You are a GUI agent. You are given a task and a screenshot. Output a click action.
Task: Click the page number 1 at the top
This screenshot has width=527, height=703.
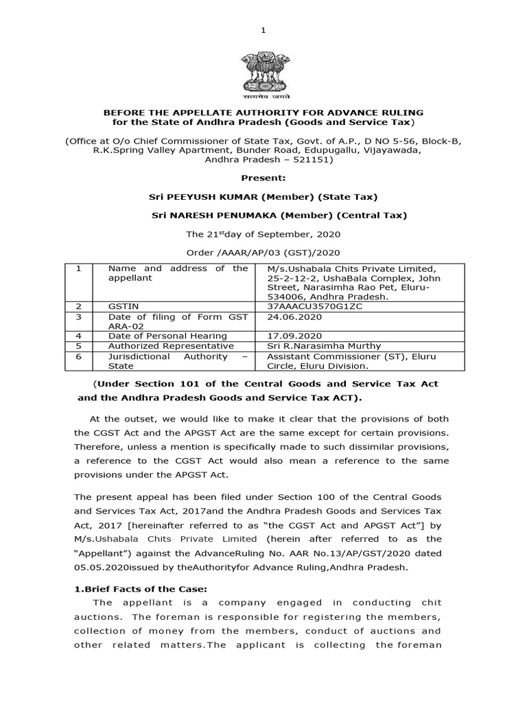[x=263, y=30]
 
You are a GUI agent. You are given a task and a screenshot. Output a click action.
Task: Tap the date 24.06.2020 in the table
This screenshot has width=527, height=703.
[x=290, y=317]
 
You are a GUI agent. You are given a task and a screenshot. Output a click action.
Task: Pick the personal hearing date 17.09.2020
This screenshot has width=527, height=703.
[x=290, y=336]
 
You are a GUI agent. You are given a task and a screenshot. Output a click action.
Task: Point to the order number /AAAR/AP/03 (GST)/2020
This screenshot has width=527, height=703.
[x=263, y=253]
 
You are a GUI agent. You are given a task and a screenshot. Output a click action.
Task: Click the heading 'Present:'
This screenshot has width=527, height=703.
[x=263, y=177]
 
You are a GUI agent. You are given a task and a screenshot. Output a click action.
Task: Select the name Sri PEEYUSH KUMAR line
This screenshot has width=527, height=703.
[x=263, y=196]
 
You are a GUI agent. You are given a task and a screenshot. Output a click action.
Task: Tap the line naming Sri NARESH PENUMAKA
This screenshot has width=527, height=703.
[x=279, y=215]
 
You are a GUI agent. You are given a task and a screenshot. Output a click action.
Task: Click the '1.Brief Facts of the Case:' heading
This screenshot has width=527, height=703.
[x=130, y=588]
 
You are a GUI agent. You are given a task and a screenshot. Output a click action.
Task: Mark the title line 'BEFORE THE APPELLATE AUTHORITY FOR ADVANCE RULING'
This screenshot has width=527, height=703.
[x=263, y=112]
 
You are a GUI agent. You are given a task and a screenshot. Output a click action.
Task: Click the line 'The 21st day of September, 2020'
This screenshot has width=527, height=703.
[x=263, y=234]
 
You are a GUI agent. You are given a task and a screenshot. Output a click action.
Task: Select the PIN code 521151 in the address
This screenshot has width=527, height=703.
[x=312, y=159]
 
